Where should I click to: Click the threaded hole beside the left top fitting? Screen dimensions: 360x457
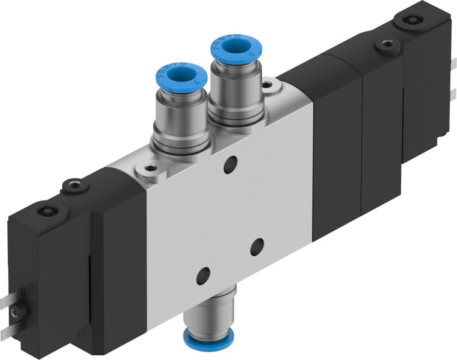pyautogui.click(x=150, y=167)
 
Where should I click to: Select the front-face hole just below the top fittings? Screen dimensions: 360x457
pyautogui.click(x=229, y=165)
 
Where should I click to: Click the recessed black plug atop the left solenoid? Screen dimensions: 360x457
pyautogui.click(x=46, y=212)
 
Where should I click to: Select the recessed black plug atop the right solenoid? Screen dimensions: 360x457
pyautogui.click(x=408, y=19)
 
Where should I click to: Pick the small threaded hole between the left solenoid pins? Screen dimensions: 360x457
pyautogui.click(x=17, y=311)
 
